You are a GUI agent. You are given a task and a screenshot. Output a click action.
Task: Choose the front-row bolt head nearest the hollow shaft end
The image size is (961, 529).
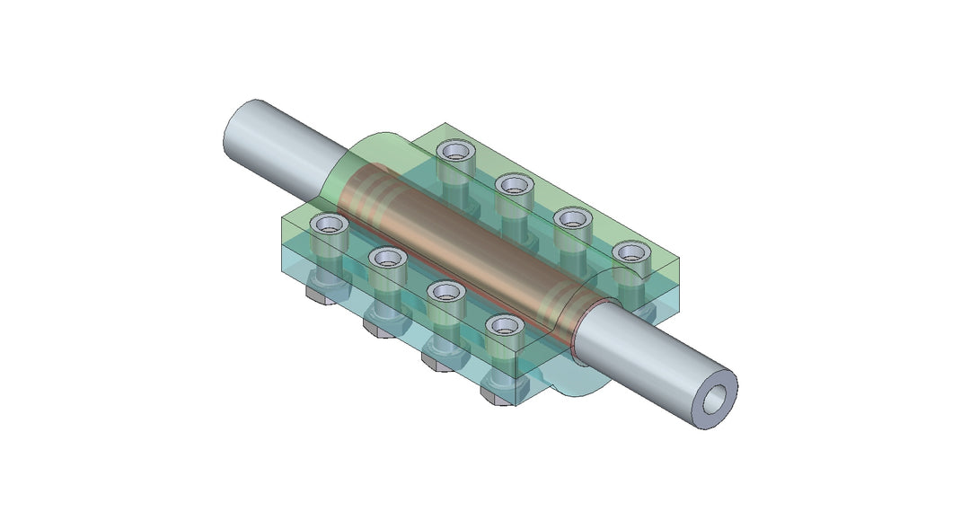pos(505,323)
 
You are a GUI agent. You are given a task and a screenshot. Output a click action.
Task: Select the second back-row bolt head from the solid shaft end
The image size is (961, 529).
pos(514,185)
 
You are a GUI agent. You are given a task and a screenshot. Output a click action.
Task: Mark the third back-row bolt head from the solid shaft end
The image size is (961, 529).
pos(571,216)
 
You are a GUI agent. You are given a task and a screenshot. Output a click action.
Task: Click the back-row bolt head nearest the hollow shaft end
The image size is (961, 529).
pos(630,251)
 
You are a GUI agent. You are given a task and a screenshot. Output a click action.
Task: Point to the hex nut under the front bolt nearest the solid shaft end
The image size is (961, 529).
pos(322,293)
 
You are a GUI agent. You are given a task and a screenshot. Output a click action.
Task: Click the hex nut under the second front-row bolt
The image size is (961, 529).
pos(380,328)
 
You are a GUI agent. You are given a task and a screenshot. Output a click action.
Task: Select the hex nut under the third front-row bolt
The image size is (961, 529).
pos(438,361)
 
